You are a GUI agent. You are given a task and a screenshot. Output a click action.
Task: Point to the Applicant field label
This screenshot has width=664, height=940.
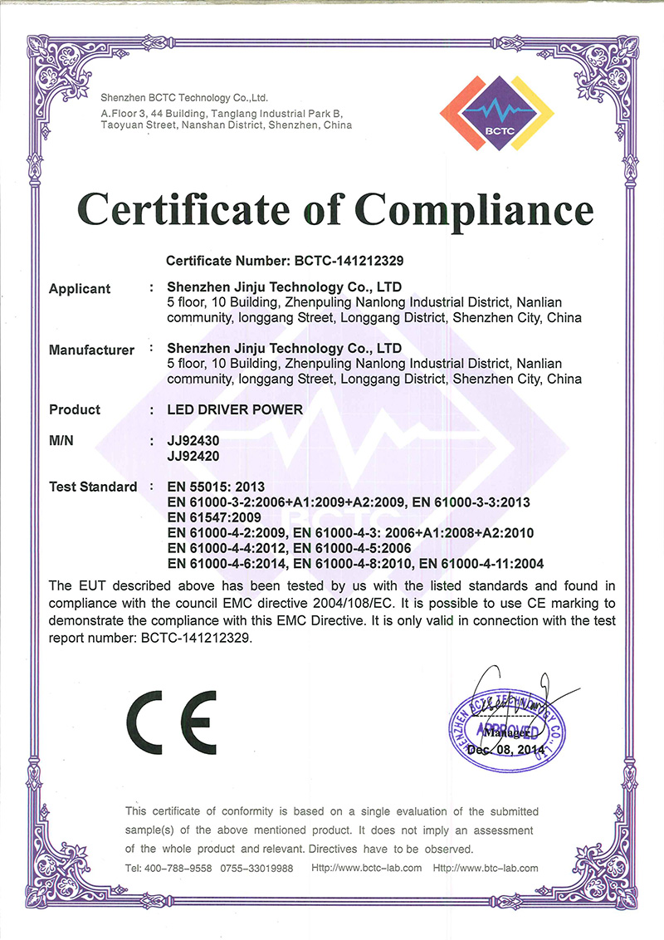[80, 289]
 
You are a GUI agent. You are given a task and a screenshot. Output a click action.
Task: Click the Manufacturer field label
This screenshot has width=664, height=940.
[91, 350]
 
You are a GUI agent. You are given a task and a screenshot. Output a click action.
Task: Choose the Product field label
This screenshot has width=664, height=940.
[75, 409]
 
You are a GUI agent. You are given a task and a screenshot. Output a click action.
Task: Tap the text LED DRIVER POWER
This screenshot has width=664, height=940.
[235, 409]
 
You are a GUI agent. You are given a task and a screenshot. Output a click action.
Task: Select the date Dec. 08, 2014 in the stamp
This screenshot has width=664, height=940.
[505, 749]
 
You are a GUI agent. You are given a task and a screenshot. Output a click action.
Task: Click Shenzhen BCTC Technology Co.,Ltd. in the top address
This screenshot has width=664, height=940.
[183, 97]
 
